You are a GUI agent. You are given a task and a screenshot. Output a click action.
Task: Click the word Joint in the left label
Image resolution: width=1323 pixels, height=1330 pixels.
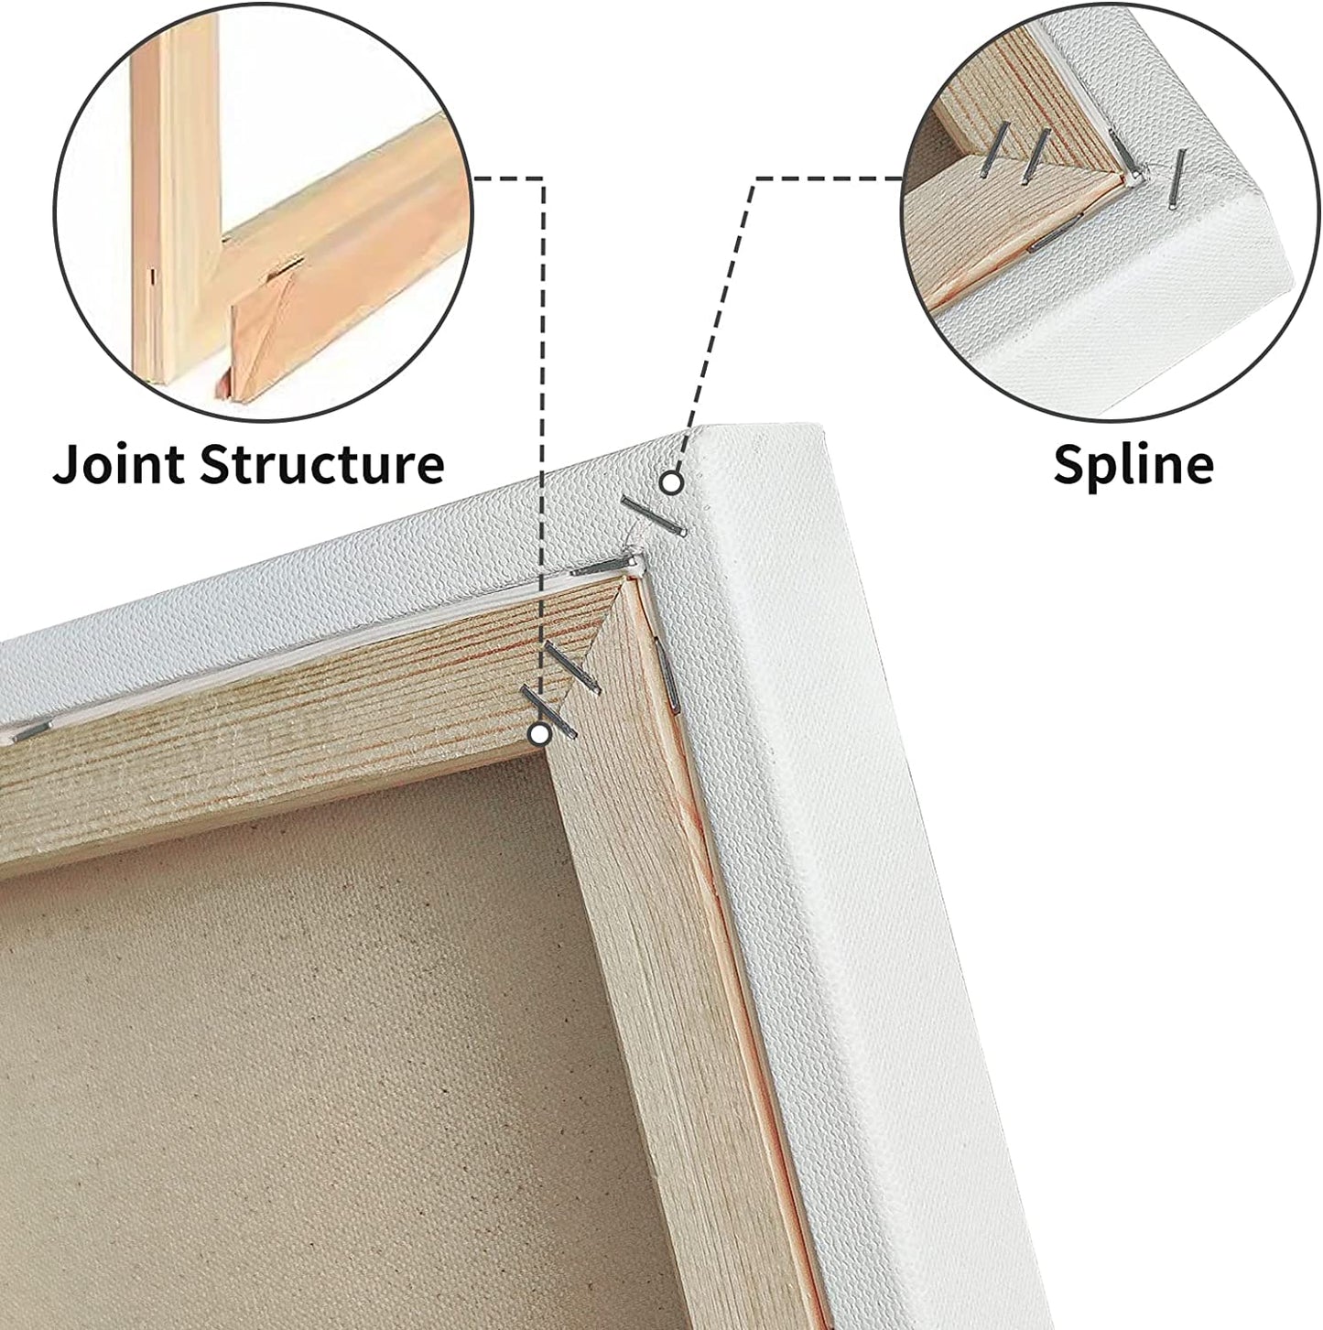117,464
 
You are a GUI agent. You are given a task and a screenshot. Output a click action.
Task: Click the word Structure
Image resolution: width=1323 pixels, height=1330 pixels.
321,464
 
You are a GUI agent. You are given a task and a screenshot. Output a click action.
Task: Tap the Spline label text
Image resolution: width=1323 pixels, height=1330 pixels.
1133,464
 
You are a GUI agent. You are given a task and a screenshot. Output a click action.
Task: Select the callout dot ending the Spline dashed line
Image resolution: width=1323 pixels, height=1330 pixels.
671,482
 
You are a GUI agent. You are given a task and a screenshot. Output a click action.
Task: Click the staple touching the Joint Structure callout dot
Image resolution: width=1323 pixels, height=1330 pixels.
548,713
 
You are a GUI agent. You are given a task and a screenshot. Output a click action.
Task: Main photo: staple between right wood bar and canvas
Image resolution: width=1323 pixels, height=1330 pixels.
667,675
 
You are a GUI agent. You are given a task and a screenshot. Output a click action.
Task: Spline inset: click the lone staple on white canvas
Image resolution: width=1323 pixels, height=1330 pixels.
1177,178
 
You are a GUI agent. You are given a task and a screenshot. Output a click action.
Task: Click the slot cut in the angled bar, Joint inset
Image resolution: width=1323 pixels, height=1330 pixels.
285,267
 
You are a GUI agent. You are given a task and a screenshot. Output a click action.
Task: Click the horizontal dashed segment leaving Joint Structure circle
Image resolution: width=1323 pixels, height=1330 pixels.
507,179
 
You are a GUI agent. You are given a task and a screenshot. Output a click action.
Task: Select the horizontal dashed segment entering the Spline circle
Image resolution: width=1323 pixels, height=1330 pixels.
829,179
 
